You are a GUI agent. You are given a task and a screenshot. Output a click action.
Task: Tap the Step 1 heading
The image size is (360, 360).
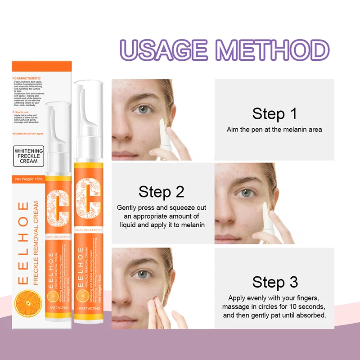274,113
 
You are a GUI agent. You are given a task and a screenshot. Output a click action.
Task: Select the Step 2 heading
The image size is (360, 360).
162,192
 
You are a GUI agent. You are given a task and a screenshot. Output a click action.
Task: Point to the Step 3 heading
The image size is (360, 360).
275,282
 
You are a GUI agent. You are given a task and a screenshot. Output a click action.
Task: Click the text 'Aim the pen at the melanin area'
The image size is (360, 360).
274,130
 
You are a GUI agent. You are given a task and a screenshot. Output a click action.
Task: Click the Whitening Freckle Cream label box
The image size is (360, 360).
29,156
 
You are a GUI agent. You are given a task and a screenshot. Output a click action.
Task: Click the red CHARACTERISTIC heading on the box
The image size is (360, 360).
28,78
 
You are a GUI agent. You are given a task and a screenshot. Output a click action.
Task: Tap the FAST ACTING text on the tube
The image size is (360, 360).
88,309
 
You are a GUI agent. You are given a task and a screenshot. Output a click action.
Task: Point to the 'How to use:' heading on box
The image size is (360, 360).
23,111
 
